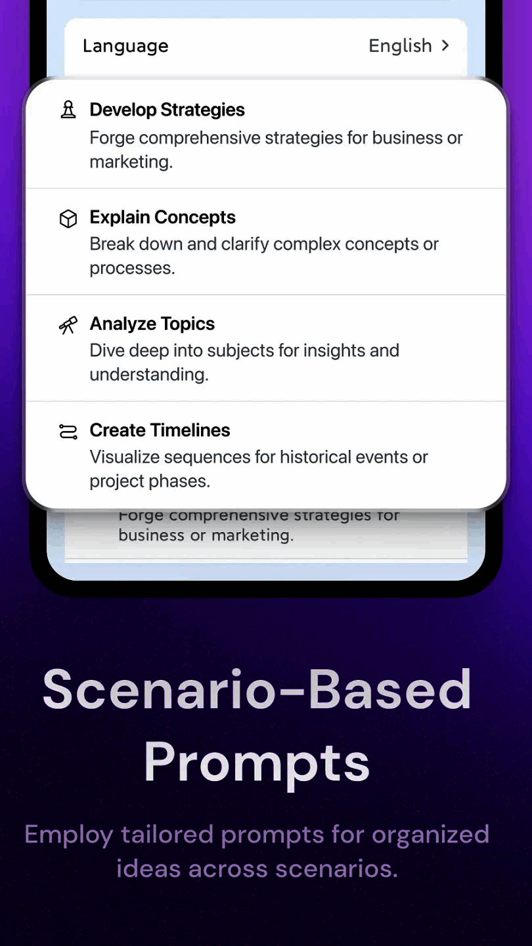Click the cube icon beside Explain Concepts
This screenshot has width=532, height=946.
pos(68,219)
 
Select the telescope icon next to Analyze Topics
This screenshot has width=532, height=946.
pos(68,325)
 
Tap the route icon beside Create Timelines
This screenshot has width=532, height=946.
pos(68,432)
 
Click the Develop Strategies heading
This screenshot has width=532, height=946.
pos(167,110)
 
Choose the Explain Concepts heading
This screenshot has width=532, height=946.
pos(163,217)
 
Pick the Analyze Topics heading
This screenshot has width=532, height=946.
pos(152,324)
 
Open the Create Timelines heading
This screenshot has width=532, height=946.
pos(160,430)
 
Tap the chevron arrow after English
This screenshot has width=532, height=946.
pos(445,45)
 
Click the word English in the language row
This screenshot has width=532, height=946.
pos(400,46)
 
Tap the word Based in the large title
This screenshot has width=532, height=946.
pos(390,690)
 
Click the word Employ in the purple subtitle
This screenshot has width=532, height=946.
pos(68,836)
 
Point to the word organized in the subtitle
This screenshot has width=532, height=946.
pos(430,836)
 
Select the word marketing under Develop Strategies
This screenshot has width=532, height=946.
pos(131,162)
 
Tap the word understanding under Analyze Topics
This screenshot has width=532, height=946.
pos(149,374)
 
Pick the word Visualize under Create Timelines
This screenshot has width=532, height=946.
pos(125,457)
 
